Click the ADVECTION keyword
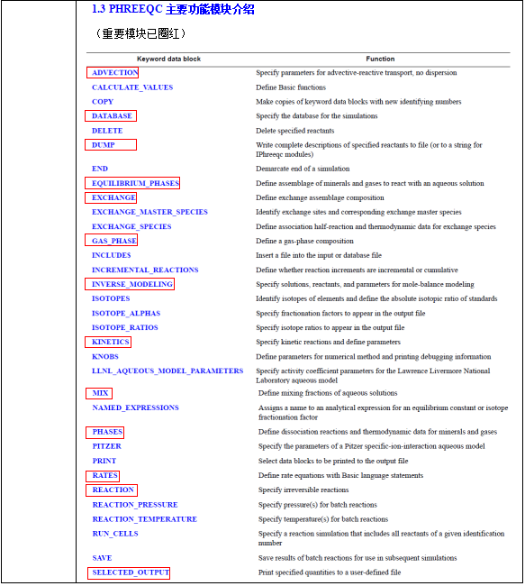coord(114,72)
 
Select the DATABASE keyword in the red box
coord(112,115)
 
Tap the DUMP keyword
coord(104,144)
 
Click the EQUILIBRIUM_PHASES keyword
coord(135,183)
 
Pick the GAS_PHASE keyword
coord(113,241)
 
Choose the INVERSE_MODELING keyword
coord(131,284)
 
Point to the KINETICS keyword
coord(111,342)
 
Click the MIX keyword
coord(101,393)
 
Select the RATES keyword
coord(105,475)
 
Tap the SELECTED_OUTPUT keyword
coord(130,572)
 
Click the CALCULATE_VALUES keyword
coord(132,87)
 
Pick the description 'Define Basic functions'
coord(291,87)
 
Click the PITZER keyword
coord(107,446)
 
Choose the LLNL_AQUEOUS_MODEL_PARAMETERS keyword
coord(167,371)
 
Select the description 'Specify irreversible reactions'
coord(303,490)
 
